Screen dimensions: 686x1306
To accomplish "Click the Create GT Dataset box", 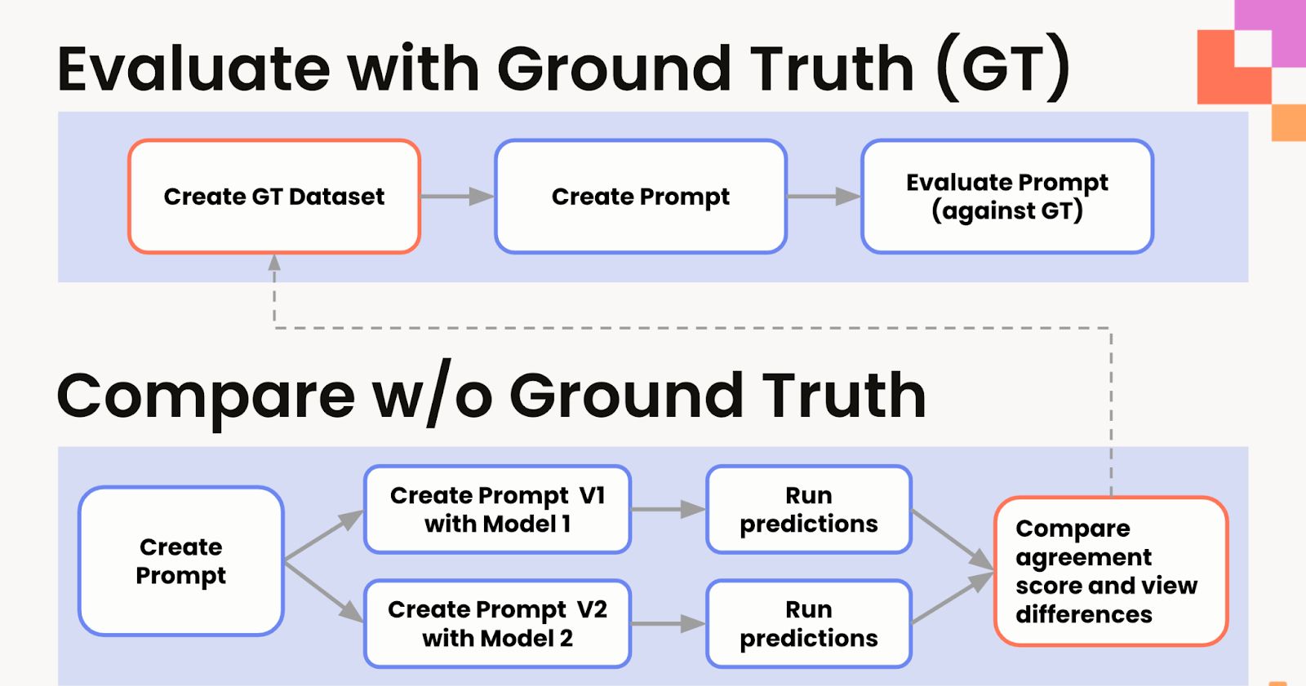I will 274,197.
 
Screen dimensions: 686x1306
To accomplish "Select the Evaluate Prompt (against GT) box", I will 1007,197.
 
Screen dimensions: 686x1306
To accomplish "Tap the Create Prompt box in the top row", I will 641,197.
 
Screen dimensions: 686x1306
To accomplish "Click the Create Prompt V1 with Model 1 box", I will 497,510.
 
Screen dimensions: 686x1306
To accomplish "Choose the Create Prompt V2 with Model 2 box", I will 497,624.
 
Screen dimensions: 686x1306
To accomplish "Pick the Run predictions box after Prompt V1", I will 808,510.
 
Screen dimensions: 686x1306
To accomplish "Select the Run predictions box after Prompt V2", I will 808,624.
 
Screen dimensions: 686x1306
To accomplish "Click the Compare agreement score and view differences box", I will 1110,571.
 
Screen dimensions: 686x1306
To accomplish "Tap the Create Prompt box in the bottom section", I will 181,561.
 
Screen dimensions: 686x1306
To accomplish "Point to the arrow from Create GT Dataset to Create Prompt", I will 458,197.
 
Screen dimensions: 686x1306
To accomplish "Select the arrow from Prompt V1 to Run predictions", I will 669,510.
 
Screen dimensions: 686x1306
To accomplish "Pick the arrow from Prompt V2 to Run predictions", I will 669,624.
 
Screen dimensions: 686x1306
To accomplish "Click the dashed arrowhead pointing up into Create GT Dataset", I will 274,263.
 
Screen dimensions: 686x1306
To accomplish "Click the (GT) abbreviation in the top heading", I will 1002,69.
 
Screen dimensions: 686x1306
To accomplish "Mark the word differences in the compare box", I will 1084,614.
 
